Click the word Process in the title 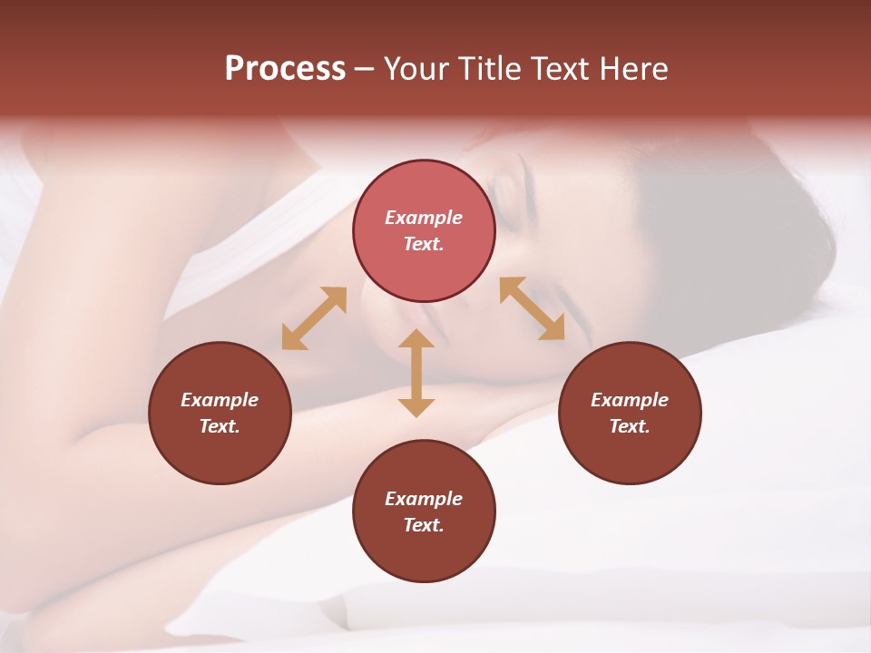point(285,69)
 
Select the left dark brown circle point(220,413)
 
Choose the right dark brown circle point(630,413)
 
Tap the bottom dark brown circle point(424,512)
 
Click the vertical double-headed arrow point(416,373)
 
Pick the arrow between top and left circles point(314,318)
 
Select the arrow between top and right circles point(532,308)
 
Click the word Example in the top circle point(424,218)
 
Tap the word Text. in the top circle point(424,244)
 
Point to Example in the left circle point(220,400)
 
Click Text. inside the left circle point(220,426)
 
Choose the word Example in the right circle point(630,400)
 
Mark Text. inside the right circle point(630,426)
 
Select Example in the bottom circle point(424,499)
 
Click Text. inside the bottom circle point(424,525)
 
